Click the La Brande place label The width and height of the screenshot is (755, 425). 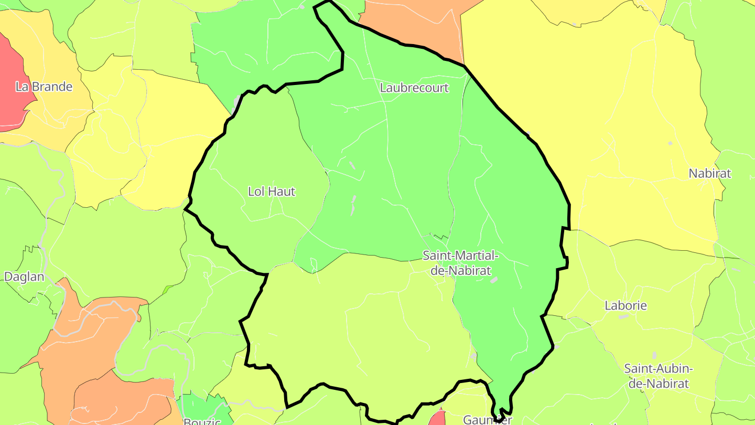point(44,87)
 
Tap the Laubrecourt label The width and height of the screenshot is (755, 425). point(414,88)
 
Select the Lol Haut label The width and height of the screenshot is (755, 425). point(272,192)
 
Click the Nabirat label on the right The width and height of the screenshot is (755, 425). point(709,173)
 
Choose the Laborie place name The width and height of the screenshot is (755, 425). point(625,305)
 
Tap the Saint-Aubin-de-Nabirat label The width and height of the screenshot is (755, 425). point(659,376)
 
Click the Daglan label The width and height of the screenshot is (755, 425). point(24,277)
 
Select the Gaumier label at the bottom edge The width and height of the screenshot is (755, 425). point(487,420)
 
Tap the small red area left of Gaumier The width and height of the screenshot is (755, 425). point(438,419)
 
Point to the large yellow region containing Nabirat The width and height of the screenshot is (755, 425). point(603,131)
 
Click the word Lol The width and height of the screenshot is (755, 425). point(256,192)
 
